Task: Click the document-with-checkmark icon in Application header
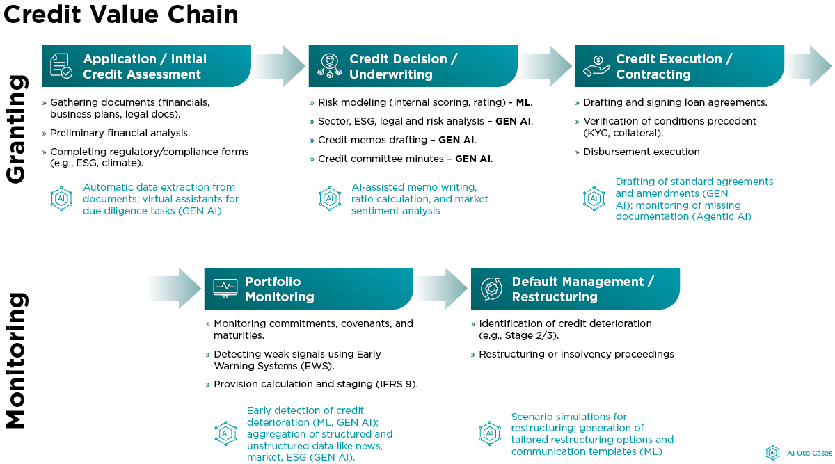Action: tap(61, 65)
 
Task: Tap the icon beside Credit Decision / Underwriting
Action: tap(329, 65)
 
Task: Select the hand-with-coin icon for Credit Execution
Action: tap(596, 65)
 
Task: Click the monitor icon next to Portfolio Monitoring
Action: tap(225, 288)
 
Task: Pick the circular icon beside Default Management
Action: tap(492, 288)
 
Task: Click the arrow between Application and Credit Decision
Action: tap(278, 66)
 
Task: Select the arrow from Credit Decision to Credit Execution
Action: tap(546, 66)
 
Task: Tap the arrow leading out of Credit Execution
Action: tap(809, 66)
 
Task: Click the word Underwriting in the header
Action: tap(391, 74)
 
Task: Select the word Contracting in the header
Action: tap(653, 74)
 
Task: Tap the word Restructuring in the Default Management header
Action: tap(555, 297)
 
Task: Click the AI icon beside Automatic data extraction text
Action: tap(61, 198)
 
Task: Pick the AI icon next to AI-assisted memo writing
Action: tap(329, 198)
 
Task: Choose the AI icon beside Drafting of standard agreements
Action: tap(594, 198)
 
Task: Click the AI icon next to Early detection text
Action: tap(225, 433)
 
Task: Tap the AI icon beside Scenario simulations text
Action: tap(490, 433)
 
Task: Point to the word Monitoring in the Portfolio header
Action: tap(280, 297)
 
